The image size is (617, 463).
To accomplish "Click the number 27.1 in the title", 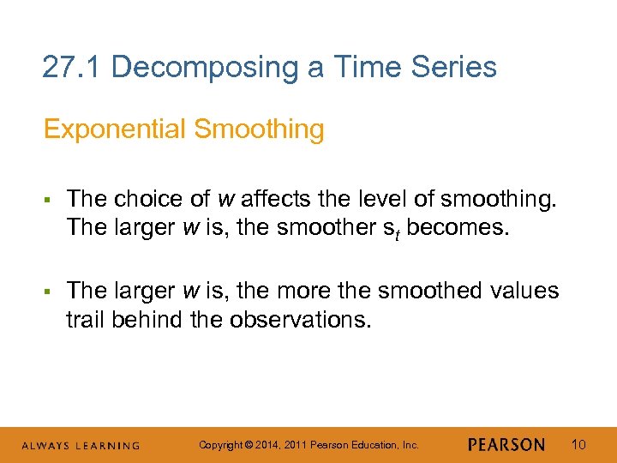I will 72,67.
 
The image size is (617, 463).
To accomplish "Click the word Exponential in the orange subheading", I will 115,129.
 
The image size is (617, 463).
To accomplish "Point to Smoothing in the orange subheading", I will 259,129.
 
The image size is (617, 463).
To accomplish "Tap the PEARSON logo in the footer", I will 506,445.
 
